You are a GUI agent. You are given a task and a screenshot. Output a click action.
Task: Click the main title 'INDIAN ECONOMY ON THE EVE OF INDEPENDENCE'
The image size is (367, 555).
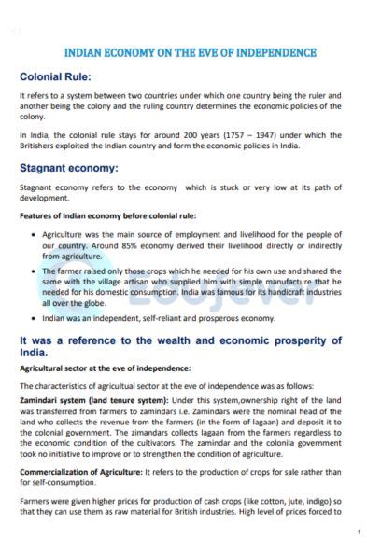(x=190, y=53)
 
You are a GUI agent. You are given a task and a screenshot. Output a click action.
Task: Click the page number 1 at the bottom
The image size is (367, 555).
(x=359, y=532)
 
